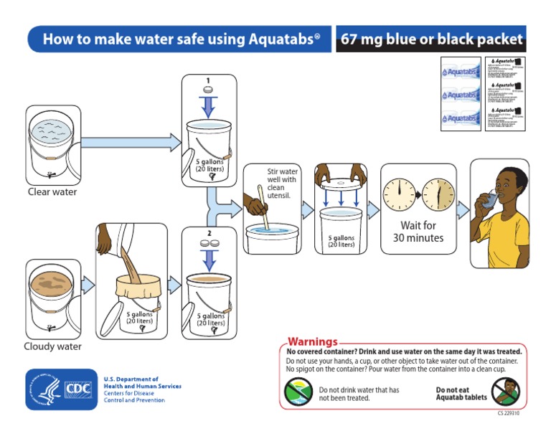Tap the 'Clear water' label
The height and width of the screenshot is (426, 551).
tap(52, 192)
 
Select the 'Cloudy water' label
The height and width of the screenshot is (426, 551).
tap(52, 347)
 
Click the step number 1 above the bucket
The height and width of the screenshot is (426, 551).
tap(209, 80)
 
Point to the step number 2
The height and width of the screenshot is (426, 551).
tap(209, 233)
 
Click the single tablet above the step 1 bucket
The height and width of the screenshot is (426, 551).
tap(209, 90)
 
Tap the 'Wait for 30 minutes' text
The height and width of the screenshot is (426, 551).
tap(422, 232)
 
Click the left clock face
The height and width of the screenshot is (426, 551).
tap(397, 194)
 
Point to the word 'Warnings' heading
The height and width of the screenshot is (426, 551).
tap(312, 342)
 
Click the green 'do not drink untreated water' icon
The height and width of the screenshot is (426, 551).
tap(298, 392)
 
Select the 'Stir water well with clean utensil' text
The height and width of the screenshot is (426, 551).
tap(283, 184)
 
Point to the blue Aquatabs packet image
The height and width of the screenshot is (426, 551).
tap(460, 94)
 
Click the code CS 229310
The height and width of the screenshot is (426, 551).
tap(509, 414)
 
